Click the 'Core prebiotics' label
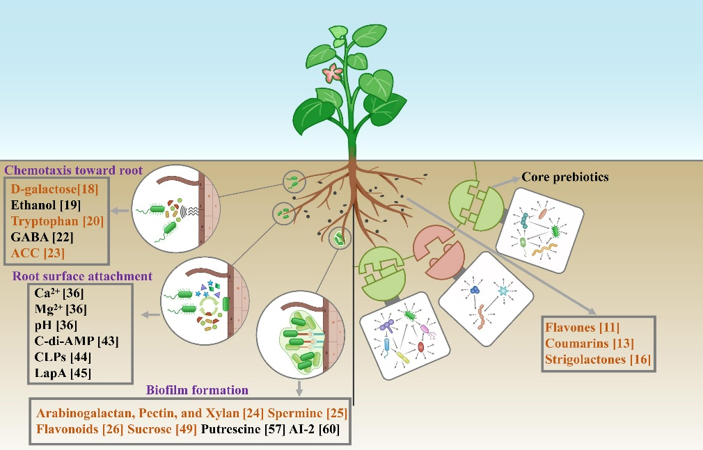pyautogui.click(x=565, y=177)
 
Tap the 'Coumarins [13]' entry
pyautogui.click(x=592, y=344)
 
